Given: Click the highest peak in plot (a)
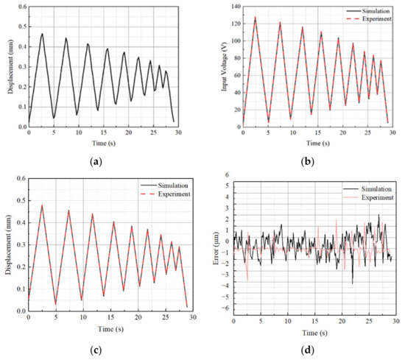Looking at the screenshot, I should (x=42, y=33).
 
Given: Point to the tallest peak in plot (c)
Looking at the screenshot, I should (x=42, y=205).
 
